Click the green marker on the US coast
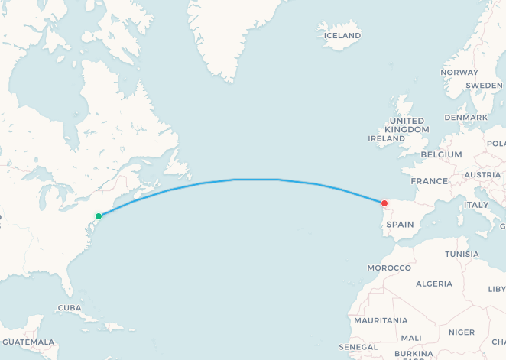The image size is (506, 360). pos(98,216)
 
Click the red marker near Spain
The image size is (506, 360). pos(384,203)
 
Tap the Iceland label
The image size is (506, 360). pos(342,35)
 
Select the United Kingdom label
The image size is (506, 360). pos(407,125)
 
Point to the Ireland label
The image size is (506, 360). pos(386,139)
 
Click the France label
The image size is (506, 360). pos(429,181)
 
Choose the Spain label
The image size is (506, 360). pos(400,225)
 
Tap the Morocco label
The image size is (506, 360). pos(389,268)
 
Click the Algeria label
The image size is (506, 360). pos(433,284)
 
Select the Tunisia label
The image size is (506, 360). pos(462,255)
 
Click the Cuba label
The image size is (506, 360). pos(69,308)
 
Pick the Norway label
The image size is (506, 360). pos(459,73)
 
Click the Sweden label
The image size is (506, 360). pos(484,85)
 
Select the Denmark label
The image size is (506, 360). pos(466,118)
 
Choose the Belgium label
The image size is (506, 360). pos(440,154)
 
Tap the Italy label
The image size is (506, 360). pos(476,205)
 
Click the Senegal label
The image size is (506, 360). pos(358,347)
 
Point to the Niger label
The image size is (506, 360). pos(461,332)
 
